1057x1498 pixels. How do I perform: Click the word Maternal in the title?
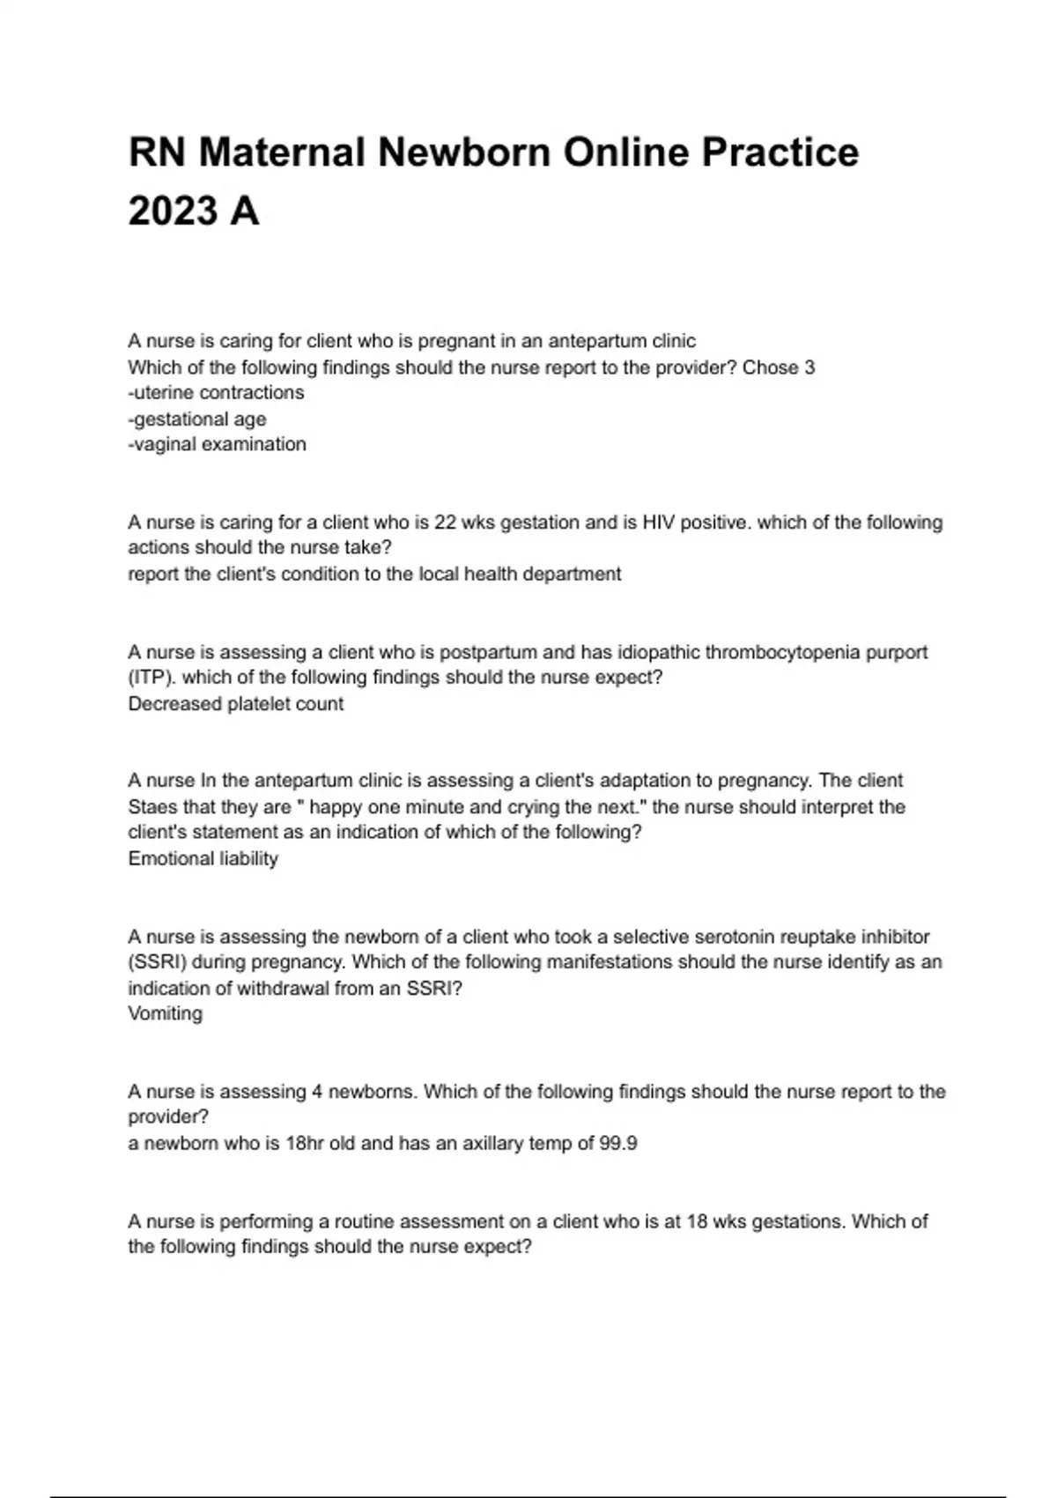coord(282,152)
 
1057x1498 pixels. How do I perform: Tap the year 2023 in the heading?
coord(173,211)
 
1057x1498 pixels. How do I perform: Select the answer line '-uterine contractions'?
coord(216,393)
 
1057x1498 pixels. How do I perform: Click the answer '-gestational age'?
coord(197,419)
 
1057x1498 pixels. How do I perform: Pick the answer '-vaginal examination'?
coord(218,445)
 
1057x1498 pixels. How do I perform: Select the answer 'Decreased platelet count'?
coord(236,704)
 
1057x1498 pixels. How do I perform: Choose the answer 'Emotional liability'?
coord(203,859)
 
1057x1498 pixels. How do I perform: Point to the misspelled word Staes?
coord(152,807)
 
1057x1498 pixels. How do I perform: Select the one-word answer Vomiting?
coord(166,1014)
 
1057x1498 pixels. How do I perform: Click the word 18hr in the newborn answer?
coord(305,1144)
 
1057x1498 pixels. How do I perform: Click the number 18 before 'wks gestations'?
coord(695,1222)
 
